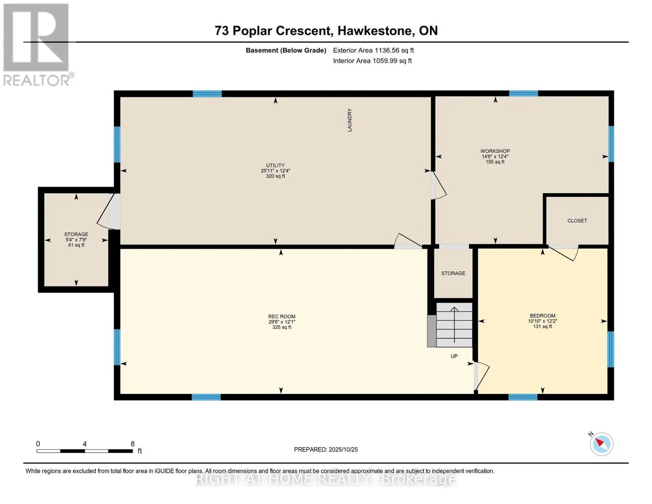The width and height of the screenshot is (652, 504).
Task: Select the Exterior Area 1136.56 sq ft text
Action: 373,50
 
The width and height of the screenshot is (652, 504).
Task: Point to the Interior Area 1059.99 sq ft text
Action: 372,61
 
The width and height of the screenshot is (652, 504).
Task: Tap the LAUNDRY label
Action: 349,120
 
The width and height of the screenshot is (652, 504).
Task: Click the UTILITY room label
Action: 275,165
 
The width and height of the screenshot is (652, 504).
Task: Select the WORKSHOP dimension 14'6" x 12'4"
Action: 495,157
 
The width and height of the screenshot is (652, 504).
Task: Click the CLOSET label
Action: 577,221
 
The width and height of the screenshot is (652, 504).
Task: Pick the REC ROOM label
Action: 282,317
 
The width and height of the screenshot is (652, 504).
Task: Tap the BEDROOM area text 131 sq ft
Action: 542,327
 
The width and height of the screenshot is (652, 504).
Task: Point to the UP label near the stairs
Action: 454,356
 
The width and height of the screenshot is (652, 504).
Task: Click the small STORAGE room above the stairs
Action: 453,273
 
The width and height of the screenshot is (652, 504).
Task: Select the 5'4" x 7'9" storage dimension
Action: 76,240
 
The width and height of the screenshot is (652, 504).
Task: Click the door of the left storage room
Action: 108,212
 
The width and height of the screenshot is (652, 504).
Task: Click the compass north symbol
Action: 601,444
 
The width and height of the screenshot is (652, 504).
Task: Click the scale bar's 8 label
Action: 133,444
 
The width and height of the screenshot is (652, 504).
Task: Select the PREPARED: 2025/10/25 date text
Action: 326,449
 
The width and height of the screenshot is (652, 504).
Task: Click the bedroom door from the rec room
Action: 482,376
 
